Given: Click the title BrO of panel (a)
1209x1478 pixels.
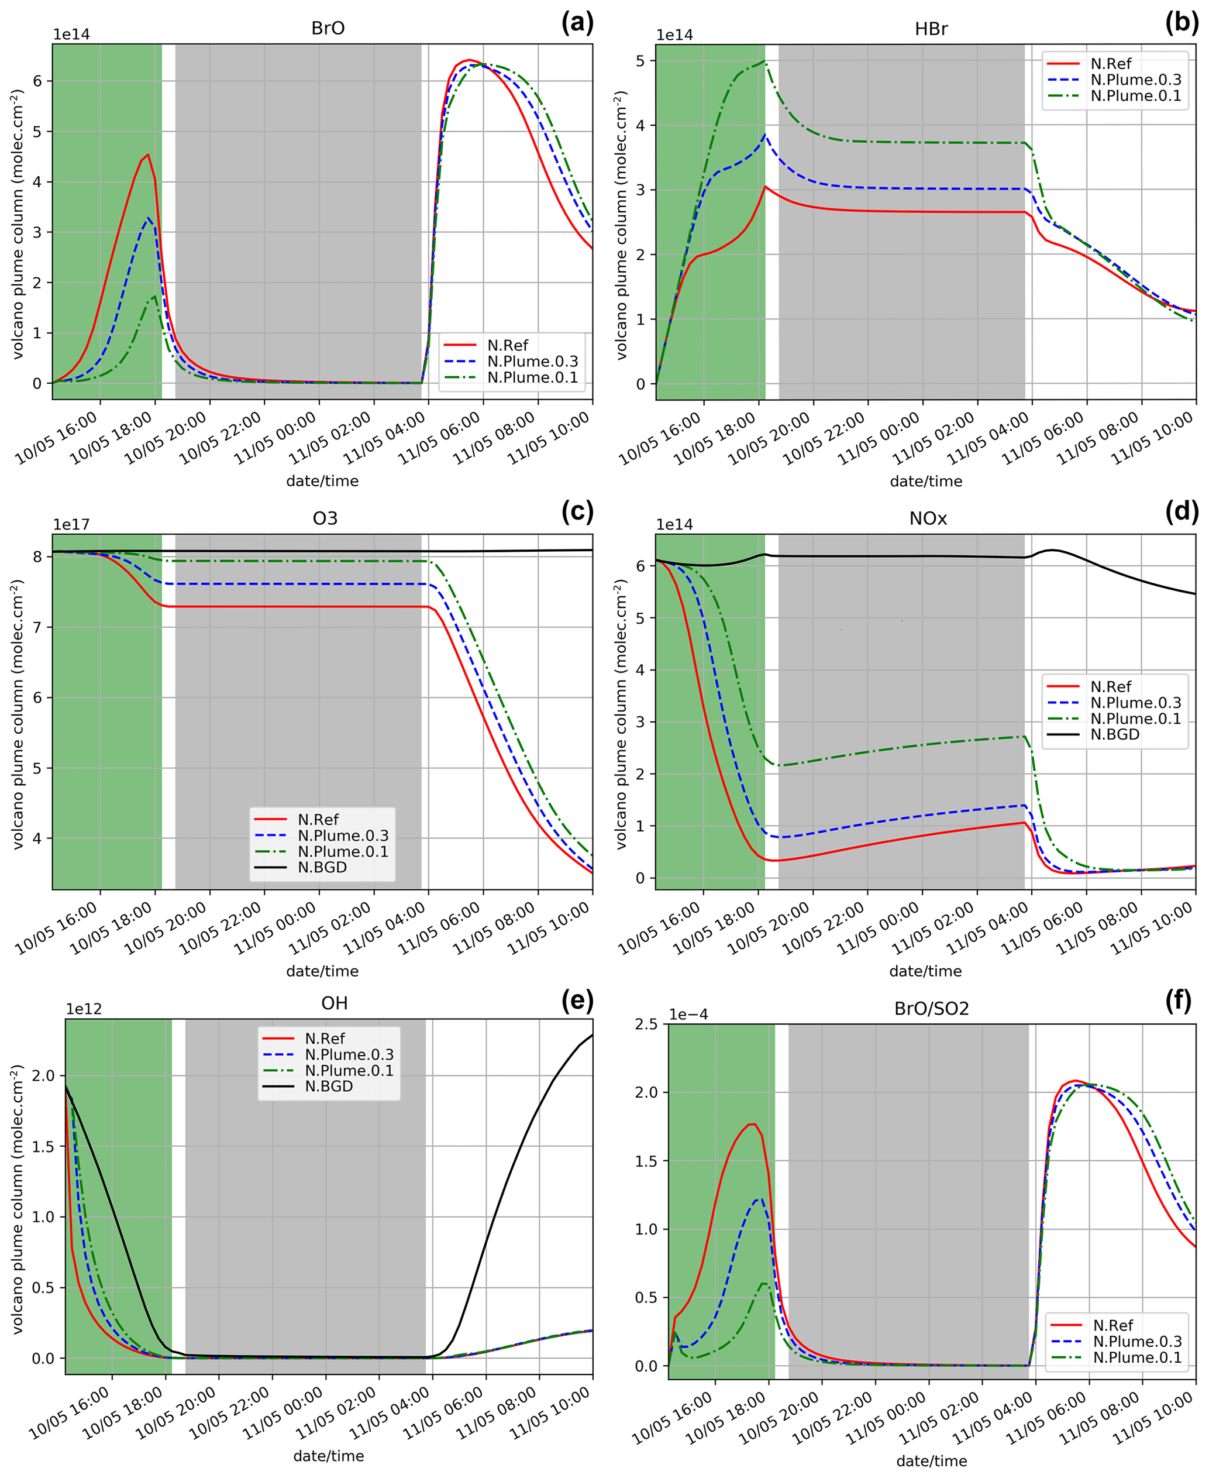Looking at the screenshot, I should coord(328,29).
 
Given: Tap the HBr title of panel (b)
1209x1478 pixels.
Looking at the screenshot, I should coord(931,29).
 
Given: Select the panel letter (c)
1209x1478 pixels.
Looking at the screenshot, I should coord(577,512).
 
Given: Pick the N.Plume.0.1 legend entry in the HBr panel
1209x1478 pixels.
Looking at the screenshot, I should coord(1135,96).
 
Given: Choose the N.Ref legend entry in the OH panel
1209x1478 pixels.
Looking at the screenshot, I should coord(325,1039).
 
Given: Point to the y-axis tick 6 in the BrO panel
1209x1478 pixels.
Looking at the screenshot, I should coord(37,81).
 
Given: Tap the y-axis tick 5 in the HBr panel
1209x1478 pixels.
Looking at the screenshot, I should coord(640,61).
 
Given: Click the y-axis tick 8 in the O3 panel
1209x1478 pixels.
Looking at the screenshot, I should coord(37,556).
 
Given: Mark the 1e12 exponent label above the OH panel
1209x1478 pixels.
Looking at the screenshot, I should coord(84,1009).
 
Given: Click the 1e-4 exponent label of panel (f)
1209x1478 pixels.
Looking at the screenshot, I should coord(689,1014).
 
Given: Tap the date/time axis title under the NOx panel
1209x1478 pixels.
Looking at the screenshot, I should coord(925,971).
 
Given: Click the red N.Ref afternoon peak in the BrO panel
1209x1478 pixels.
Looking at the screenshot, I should coord(147,154).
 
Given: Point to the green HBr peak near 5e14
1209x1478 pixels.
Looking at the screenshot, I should coord(764,62).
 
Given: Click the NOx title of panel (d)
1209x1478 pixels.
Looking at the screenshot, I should coord(928,518).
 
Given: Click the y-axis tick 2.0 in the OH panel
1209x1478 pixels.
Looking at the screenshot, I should coord(44,1075).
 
